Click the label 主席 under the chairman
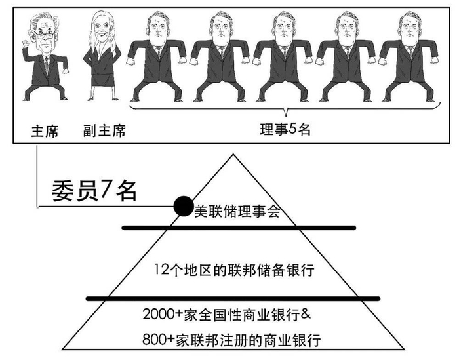44,130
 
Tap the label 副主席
105,130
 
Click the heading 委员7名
94,190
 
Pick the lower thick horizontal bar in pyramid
234,298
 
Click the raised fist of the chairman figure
26,45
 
